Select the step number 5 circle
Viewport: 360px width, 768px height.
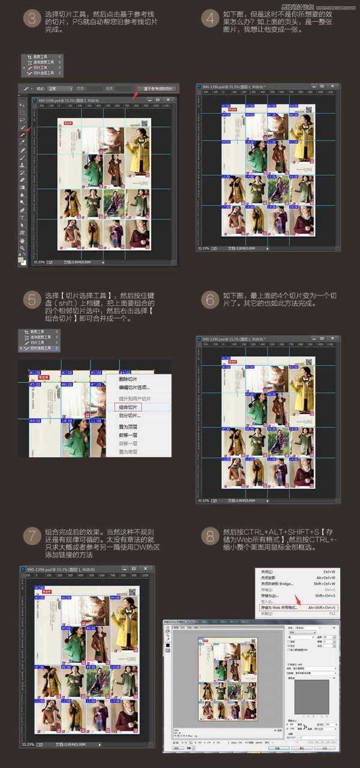tap(31, 300)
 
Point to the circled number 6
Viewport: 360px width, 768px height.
tap(209, 300)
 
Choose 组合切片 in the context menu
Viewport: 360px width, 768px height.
tap(128, 407)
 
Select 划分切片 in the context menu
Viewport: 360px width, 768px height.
tap(129, 415)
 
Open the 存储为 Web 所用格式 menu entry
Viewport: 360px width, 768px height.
tap(280, 608)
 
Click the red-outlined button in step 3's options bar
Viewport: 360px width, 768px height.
tap(157, 88)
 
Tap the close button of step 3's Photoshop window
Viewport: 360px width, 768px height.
tap(170, 99)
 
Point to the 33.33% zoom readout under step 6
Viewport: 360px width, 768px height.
tap(203, 500)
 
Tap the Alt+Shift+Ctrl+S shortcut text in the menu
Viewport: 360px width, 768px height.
tap(323, 608)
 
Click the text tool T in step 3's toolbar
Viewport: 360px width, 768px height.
tap(22, 218)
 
